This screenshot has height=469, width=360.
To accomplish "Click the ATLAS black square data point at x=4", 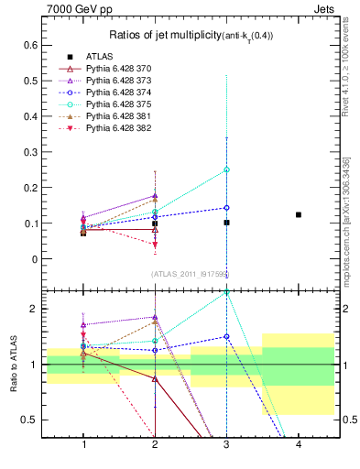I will (299, 214).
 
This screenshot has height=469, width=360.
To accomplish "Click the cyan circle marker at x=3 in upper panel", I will (226, 169).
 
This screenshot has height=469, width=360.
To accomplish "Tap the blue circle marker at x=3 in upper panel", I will (226, 207).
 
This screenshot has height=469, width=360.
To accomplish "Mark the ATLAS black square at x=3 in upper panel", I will (226, 223).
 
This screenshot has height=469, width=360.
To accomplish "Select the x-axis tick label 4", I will (299, 444).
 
